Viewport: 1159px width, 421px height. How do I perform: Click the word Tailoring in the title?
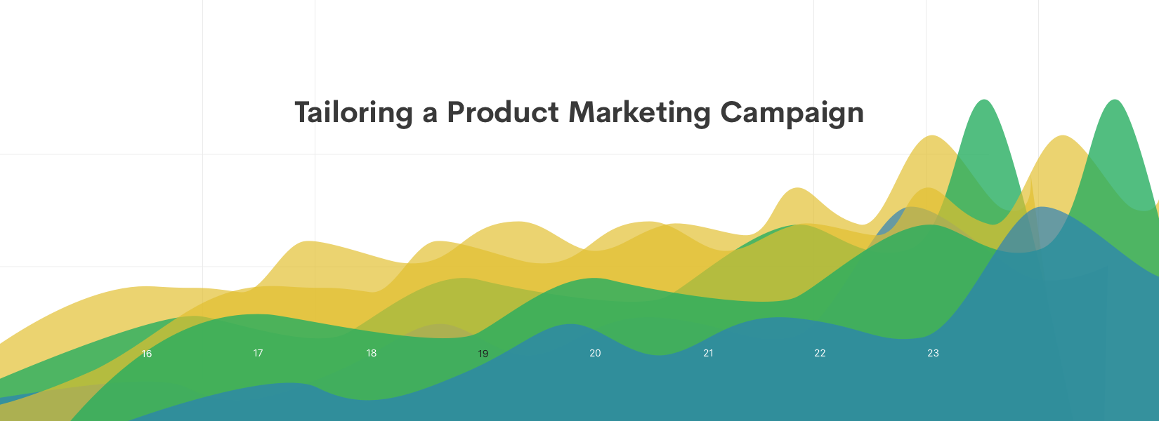coord(353,113)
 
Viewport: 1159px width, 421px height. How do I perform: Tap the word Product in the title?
coord(503,112)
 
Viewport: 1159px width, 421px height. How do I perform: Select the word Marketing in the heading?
coord(639,113)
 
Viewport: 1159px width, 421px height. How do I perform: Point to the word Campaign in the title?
coord(792,113)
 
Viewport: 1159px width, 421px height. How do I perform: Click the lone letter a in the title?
coord(430,114)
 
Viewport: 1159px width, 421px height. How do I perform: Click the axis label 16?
coord(147,354)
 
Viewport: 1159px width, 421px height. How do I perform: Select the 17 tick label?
coord(258,353)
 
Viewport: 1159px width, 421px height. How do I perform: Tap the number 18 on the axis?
coord(371,353)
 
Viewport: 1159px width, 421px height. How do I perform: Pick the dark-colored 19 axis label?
coord(483,354)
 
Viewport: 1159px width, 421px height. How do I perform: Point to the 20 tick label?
coord(595,353)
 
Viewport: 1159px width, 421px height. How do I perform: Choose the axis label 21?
coord(708,353)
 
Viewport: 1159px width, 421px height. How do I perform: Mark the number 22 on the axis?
coord(820,353)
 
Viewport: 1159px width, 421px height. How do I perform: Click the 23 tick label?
coord(933,353)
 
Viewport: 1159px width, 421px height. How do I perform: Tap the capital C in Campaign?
coord(732,112)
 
